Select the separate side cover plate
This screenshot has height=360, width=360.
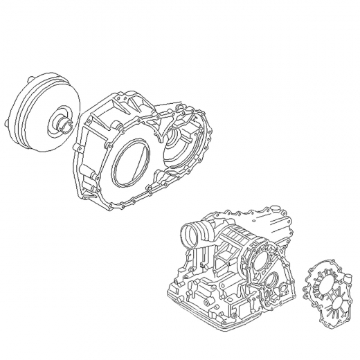(328, 291)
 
